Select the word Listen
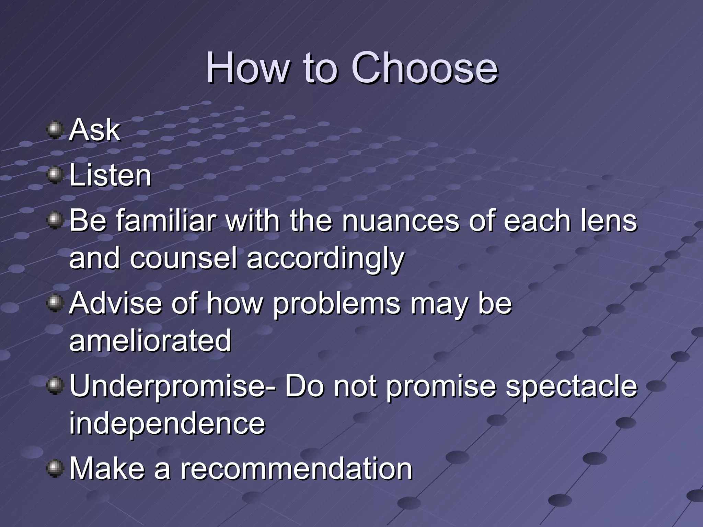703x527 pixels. coord(110,176)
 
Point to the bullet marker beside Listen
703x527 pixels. coord(55,176)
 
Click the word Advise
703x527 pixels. coord(115,303)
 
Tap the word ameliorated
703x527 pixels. coord(150,340)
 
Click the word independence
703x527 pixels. coord(167,423)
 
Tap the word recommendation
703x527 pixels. coord(296,469)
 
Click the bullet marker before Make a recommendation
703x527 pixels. coord(55,469)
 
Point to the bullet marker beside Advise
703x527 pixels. coord(55,304)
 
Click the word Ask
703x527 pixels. coord(95,130)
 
